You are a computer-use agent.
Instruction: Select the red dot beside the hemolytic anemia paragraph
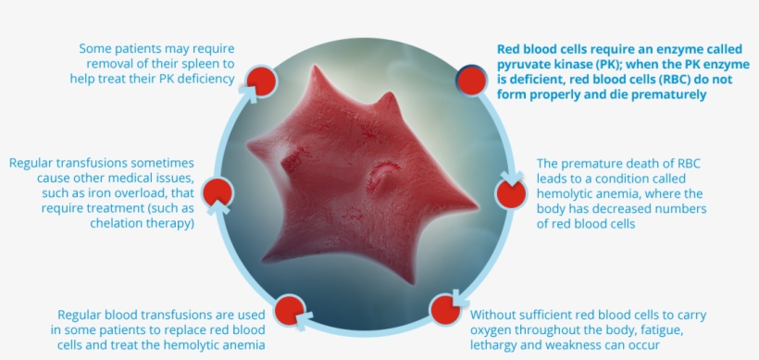point(511,192)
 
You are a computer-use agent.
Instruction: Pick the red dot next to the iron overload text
point(218,192)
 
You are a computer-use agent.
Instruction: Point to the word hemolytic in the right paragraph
point(566,193)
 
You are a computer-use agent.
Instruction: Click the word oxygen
point(494,329)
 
